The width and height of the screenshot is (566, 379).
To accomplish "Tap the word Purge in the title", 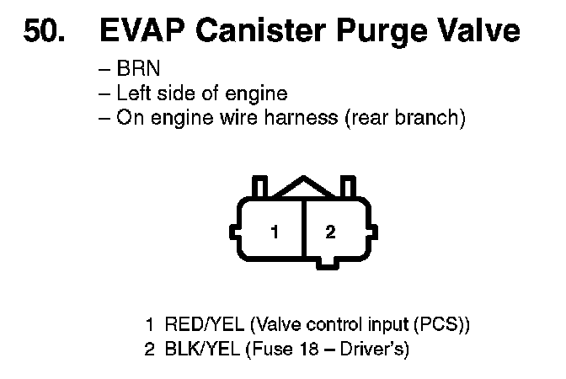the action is pos(384,32).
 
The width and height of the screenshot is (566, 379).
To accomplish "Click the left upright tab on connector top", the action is pos(260,186).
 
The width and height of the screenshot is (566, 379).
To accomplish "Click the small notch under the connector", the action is pos(330,266).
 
